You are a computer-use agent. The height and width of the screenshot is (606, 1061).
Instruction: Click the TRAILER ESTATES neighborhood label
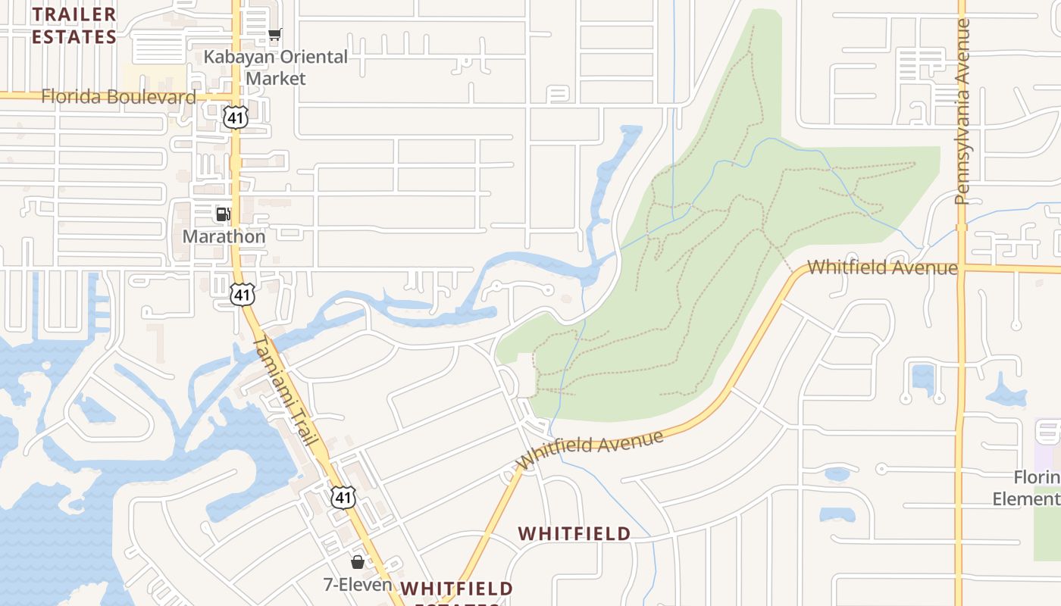coord(74,25)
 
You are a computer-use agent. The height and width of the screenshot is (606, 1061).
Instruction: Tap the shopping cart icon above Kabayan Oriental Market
coord(275,34)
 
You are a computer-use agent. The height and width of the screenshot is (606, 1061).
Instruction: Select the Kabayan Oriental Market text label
coord(276,67)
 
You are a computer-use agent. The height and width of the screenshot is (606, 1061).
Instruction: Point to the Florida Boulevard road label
coord(118,96)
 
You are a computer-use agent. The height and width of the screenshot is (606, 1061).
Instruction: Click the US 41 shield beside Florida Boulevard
coord(236,117)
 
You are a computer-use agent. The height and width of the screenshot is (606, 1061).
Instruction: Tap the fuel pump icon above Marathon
coord(223,214)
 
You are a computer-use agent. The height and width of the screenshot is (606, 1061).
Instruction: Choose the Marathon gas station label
coord(224,236)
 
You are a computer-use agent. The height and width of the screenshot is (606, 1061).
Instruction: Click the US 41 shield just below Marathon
coord(243,295)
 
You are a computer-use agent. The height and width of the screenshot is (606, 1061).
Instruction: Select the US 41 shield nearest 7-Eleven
coord(344,496)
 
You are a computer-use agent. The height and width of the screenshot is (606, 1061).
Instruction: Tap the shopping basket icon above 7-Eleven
coord(357,562)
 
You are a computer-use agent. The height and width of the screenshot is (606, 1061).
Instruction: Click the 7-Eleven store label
coord(358,585)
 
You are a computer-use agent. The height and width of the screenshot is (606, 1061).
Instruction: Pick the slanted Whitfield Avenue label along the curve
coord(590,451)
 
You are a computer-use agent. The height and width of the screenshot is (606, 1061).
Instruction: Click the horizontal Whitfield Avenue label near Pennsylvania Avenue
coord(882,267)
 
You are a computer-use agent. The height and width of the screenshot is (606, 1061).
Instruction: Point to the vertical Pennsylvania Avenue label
coord(962,111)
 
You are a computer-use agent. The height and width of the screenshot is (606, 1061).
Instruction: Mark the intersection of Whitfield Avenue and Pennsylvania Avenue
coord(961,268)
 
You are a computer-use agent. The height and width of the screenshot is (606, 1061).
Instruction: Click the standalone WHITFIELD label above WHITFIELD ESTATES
coord(574,534)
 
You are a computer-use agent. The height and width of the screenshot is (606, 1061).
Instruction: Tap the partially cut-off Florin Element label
coord(1037,488)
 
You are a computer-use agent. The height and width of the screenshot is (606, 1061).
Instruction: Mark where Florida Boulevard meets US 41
coord(236,96)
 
